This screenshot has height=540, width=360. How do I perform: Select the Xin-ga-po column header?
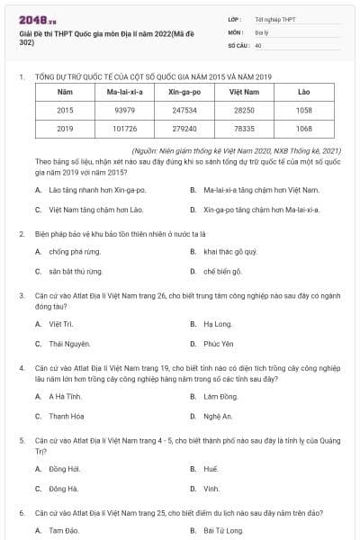click(183, 92)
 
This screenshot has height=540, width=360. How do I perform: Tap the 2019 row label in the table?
click(65, 129)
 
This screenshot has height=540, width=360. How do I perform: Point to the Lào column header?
click(303, 92)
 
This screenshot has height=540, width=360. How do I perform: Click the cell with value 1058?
click(303, 110)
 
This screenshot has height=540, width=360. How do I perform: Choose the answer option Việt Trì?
click(61, 323)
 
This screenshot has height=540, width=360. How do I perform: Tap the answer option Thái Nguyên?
click(69, 344)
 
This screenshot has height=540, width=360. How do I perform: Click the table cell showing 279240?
click(183, 129)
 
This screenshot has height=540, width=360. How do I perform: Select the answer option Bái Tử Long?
click(223, 531)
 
